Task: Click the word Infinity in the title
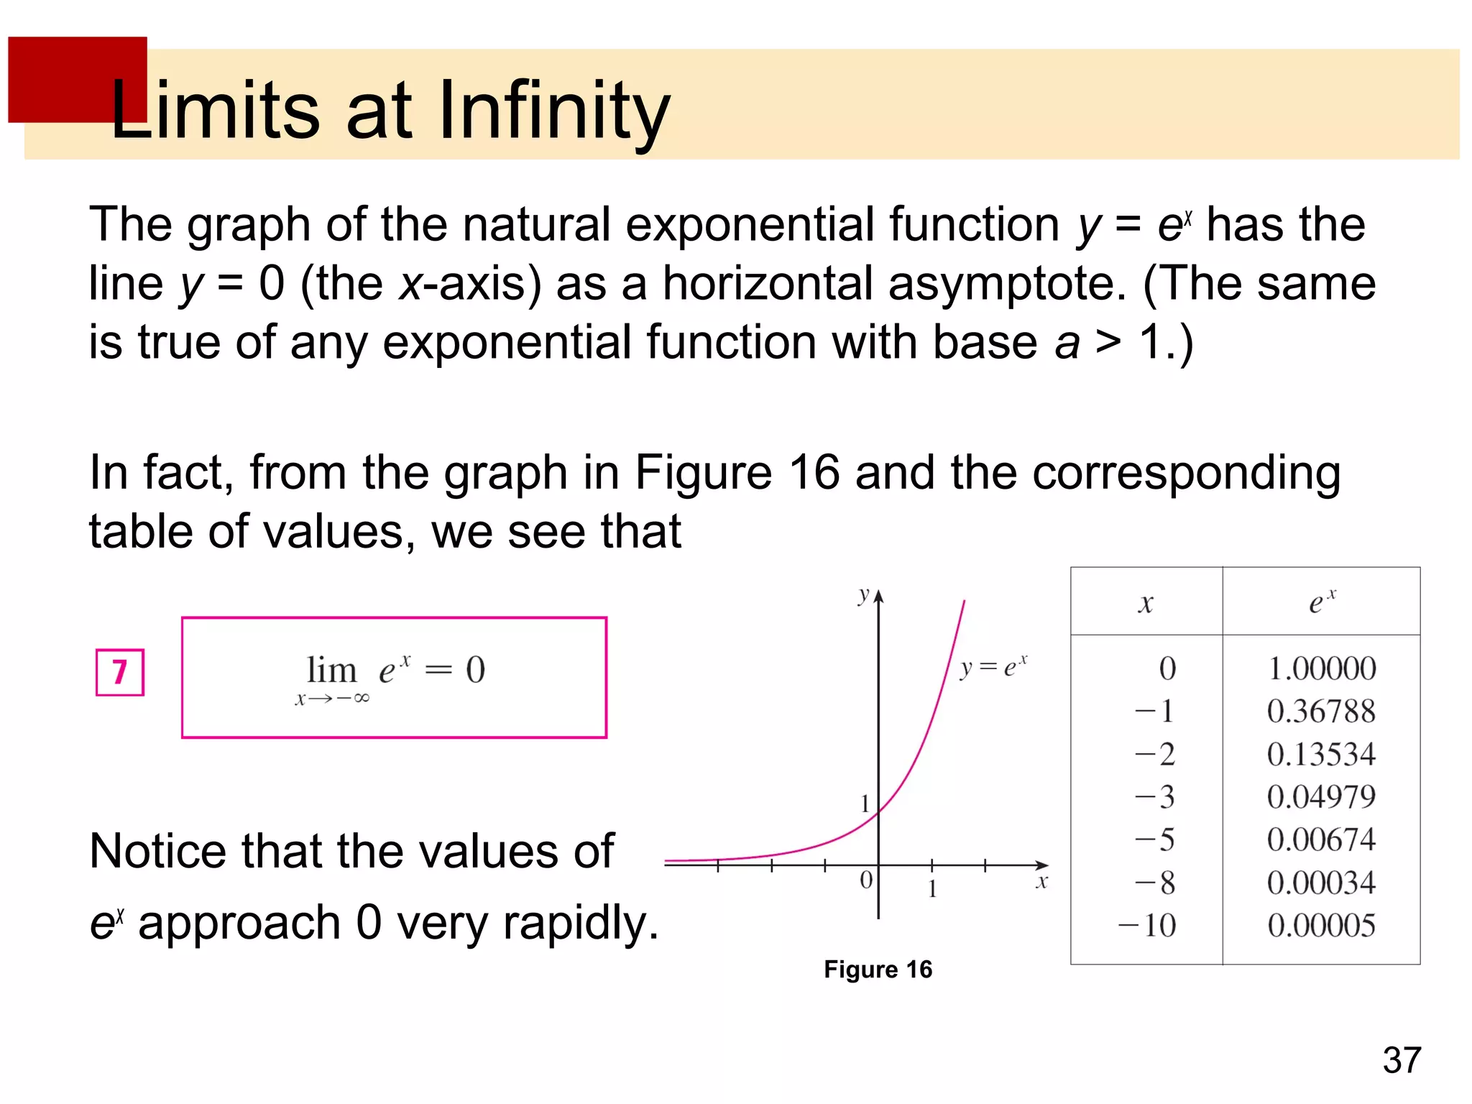tap(553, 111)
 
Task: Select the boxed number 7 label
tap(120, 673)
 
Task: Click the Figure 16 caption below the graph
tap(878, 970)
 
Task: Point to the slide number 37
tap(1402, 1060)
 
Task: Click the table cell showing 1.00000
tap(1321, 668)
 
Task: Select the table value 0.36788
tap(1321, 712)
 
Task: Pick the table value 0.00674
tap(1321, 839)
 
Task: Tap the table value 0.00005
tap(1321, 925)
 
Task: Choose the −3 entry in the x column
tap(1154, 797)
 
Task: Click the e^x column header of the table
tap(1321, 602)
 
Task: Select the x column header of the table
tap(1146, 604)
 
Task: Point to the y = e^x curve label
tap(993, 667)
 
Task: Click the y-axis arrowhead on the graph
tap(878, 597)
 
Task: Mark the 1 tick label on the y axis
tap(865, 804)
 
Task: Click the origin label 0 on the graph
tap(866, 880)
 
